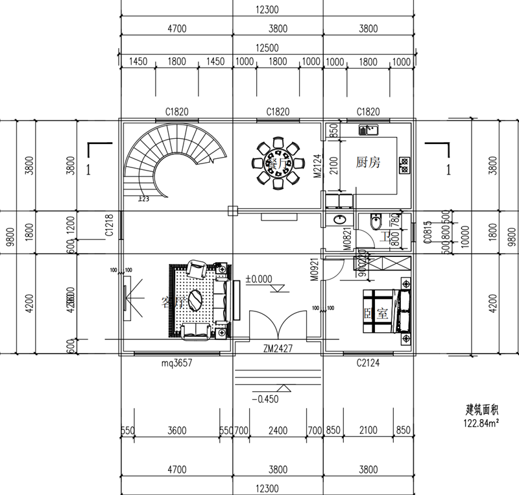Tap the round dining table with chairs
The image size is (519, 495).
tap(278, 162)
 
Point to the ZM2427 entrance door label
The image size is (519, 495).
tap(278, 348)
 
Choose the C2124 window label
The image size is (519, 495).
tap(368, 365)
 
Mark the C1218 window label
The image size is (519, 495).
tap(110, 224)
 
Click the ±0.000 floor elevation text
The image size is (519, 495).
tap(259, 280)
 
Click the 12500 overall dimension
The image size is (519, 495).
tap(267, 48)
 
